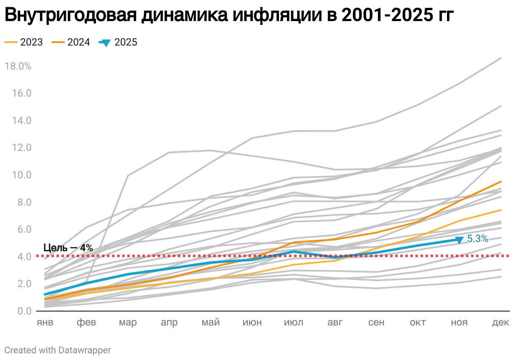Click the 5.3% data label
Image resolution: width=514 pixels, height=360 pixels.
pos(478,239)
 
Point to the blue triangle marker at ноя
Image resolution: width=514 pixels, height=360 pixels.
pos(459,240)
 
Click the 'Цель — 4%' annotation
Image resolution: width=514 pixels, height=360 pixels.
pos(68,248)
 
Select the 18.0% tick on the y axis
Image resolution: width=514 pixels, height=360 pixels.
pos(18,66)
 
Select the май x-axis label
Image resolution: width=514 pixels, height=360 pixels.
pos(211,322)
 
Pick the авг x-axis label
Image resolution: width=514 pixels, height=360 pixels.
pos(335,322)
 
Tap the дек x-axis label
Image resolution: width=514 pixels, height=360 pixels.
pos(501,322)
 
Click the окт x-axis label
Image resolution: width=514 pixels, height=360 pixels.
pos(418,322)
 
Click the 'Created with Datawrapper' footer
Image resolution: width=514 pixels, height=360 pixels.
pos(58,350)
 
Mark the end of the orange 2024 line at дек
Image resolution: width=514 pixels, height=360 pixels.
pos(501,181)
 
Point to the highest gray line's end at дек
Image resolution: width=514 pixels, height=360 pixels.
pos(501,58)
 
